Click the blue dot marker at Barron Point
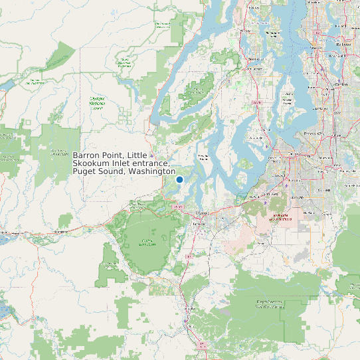tap(179, 179)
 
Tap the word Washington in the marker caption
tap(152, 172)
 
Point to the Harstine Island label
tap(204, 157)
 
